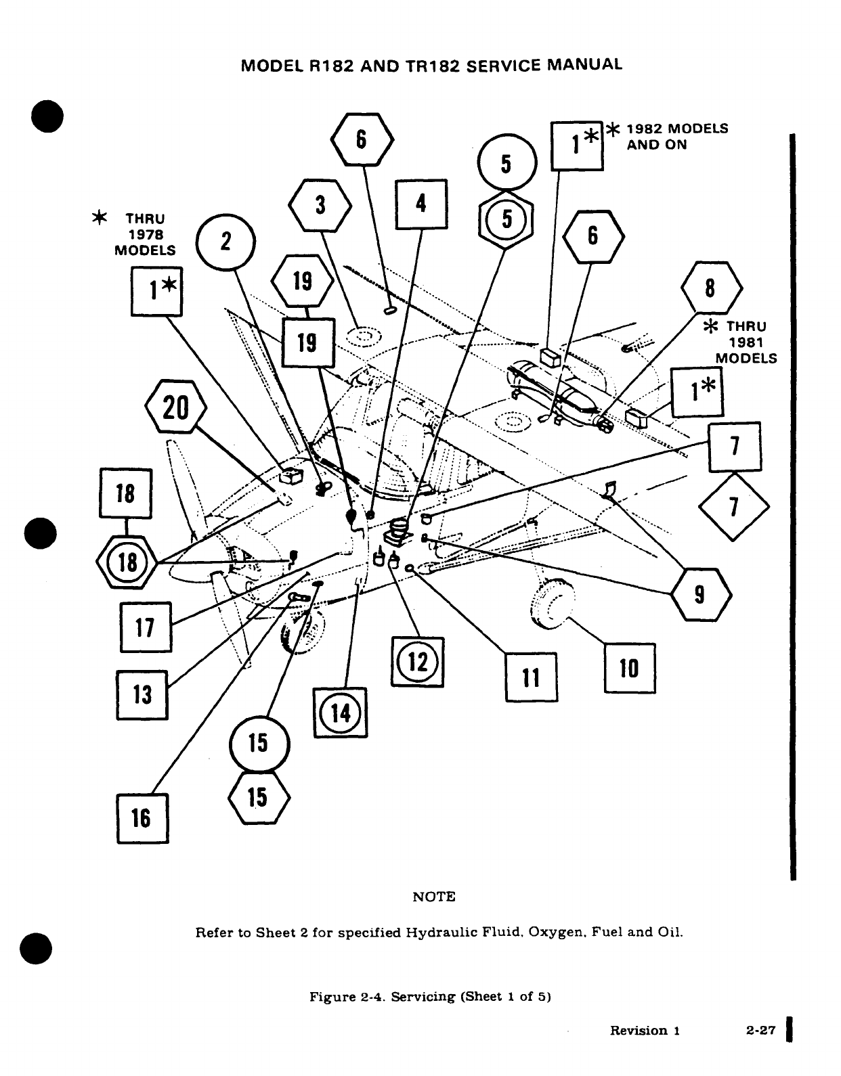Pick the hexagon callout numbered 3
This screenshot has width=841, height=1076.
(x=320, y=206)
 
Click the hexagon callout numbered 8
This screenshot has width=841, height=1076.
(x=710, y=288)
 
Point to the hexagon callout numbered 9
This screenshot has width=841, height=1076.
(x=700, y=595)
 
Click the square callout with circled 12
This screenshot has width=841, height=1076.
(x=417, y=662)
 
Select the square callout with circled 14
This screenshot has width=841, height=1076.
(x=341, y=712)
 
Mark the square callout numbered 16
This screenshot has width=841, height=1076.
(x=142, y=817)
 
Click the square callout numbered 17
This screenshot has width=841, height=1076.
(x=146, y=627)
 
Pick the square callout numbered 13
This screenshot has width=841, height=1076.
(x=142, y=694)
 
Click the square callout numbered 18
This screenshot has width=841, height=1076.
(x=125, y=493)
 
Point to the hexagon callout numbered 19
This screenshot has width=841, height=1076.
(x=303, y=281)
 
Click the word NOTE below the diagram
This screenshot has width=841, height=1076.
(x=434, y=897)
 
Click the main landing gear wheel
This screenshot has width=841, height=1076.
(x=555, y=602)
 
